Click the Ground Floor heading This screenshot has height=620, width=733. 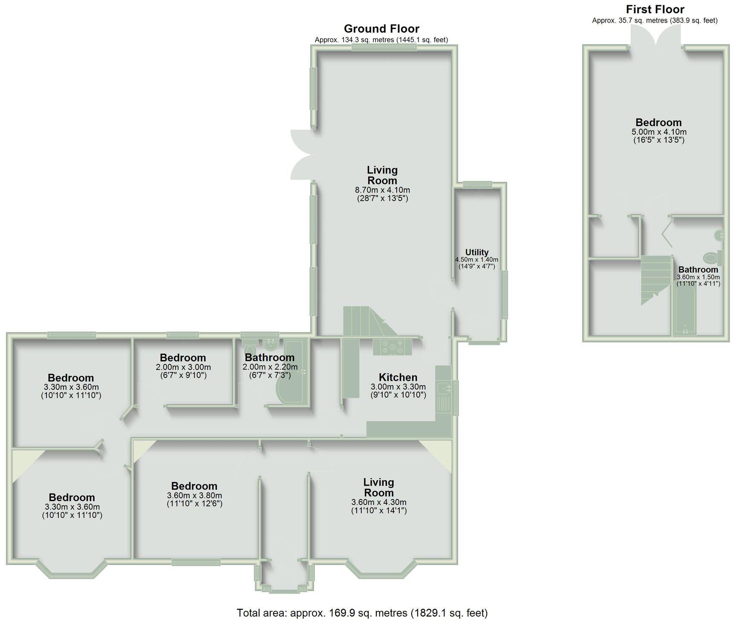[381, 29]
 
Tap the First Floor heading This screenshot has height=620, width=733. [655, 9]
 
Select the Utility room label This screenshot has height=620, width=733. [476, 252]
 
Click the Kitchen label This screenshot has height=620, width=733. [398, 377]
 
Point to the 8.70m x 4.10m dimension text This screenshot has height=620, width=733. [382, 190]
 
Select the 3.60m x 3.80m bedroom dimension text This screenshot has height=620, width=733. [194, 496]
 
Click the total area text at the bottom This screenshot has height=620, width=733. [362, 613]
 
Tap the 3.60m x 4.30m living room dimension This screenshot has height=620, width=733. [378, 502]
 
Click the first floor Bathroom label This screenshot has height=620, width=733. [698, 270]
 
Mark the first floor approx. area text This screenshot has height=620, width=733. [655, 20]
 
